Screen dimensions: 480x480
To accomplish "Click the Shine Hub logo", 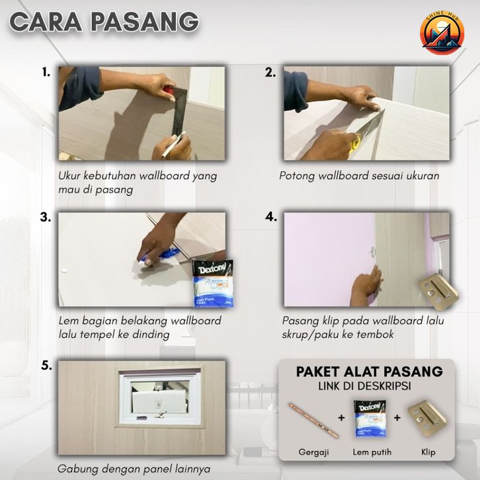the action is (x=442, y=33).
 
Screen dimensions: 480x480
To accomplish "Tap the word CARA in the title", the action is (x=46, y=22).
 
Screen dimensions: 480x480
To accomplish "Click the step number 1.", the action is (x=46, y=72).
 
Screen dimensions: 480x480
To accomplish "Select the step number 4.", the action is (x=270, y=217).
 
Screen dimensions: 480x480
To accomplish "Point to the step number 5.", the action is (x=46, y=366).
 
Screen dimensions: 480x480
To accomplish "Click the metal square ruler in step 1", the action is (x=178, y=110).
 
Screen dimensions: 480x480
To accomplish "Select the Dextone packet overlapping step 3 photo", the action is (x=213, y=283).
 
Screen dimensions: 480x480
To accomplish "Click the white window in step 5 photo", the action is (x=159, y=397).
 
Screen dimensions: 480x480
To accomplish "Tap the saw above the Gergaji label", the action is (x=313, y=419).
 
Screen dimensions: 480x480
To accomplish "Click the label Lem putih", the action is (x=372, y=452).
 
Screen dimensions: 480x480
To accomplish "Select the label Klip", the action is (x=428, y=452).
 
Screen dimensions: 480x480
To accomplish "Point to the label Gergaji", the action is (x=313, y=452).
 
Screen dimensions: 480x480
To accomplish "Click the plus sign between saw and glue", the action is (x=341, y=418).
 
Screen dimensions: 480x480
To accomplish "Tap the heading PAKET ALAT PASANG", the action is (x=369, y=372).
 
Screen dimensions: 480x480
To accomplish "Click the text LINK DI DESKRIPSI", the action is (x=364, y=386).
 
